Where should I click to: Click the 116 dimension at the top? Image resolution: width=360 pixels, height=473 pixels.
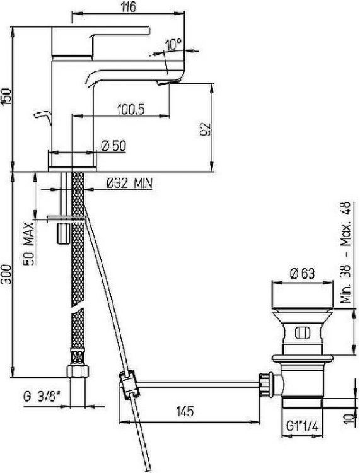tap(129, 7)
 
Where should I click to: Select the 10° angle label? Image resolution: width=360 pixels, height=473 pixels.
tap(173, 45)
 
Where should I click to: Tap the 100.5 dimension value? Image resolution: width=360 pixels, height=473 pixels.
tap(131, 110)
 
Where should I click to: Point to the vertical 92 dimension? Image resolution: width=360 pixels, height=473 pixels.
tap(206, 129)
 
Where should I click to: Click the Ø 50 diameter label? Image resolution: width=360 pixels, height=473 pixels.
tap(113, 146)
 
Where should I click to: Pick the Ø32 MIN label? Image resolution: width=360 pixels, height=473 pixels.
tap(130, 183)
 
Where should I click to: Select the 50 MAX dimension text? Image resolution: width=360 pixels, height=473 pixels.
tap(29, 243)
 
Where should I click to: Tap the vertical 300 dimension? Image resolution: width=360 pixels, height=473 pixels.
tap(7, 274)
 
